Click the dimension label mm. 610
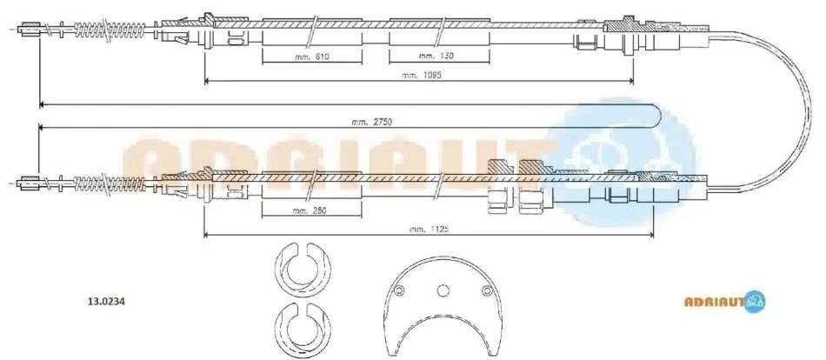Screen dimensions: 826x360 pos(312,56)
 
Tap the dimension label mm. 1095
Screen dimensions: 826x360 pos(421,75)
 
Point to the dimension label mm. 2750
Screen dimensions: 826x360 pos(372,121)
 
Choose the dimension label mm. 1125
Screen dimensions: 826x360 pos(429,229)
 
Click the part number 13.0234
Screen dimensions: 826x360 pos(104,303)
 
